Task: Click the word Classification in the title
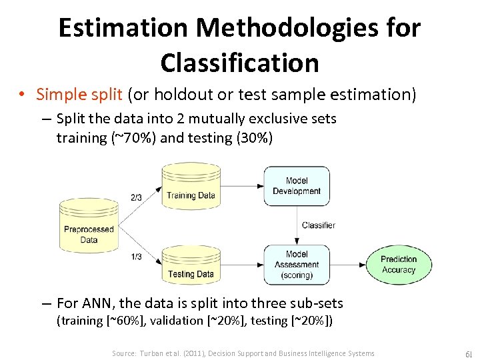coord(239,63)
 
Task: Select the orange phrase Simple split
coord(79,95)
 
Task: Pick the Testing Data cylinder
coord(190,265)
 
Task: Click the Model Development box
coord(297,186)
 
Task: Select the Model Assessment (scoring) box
coord(297,265)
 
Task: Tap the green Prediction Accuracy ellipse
coord(399,265)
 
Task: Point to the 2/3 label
coord(136,197)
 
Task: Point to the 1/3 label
coord(136,257)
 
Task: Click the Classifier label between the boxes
coord(318,225)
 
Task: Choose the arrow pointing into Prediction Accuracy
coord(347,265)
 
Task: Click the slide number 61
coord(467,353)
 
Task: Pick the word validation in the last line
coord(177,321)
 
